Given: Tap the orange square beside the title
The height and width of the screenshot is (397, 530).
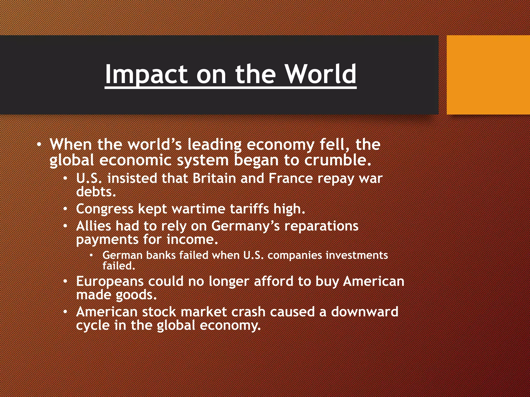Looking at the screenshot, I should point(488,75).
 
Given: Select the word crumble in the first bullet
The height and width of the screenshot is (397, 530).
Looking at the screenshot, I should point(337,160).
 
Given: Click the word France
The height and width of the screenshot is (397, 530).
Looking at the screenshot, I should point(291,178).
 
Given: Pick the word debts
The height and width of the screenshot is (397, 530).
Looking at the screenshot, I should point(96,192).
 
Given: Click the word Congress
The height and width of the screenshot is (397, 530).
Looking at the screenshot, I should point(105,209).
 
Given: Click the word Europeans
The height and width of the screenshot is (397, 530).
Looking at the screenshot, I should point(110,281).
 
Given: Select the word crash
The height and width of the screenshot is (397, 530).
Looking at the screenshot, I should point(248,312).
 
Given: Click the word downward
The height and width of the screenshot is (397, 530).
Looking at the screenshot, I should point(365,312).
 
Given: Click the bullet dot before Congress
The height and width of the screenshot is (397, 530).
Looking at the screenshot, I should point(65,209).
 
